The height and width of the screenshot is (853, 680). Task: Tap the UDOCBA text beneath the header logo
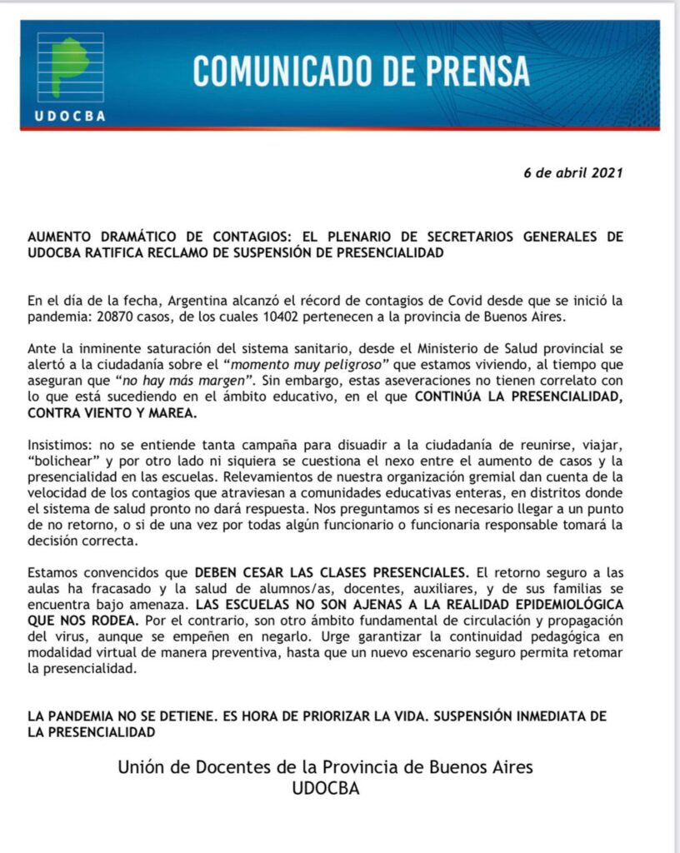[x=71, y=117]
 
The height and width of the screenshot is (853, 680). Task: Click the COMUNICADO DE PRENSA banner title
[x=361, y=72]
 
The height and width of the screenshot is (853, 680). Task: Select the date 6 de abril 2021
[x=572, y=173]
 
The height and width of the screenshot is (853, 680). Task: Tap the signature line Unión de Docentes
[x=325, y=766]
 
